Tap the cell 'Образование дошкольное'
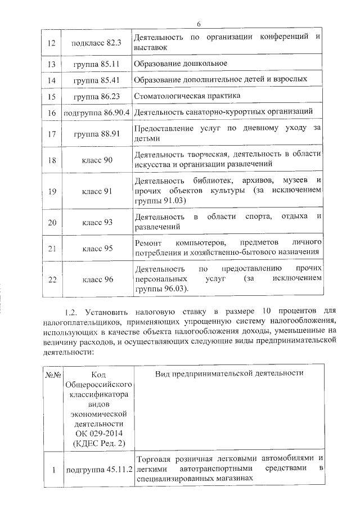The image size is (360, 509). [x=181, y=64]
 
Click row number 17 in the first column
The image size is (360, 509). [x=52, y=134]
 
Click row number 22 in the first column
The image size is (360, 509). [x=52, y=279]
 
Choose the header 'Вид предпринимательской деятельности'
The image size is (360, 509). [x=229, y=373]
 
